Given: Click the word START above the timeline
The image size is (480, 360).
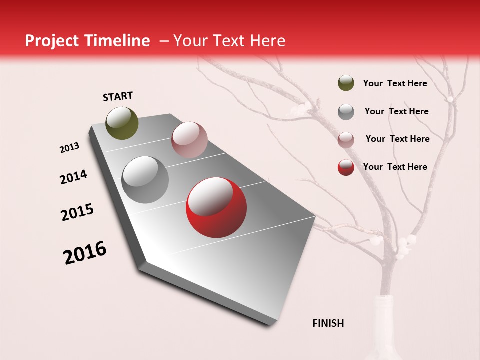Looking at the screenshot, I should (x=118, y=96).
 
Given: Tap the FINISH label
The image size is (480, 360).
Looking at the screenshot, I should (x=328, y=323).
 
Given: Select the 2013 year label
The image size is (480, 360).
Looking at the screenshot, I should (x=69, y=148).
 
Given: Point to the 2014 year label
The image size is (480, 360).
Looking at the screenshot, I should (x=73, y=177).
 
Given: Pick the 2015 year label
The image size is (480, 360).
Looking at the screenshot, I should (x=77, y=212).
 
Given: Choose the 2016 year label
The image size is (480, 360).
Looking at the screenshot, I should (x=85, y=253).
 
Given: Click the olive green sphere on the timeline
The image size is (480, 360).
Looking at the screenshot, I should (x=122, y=123).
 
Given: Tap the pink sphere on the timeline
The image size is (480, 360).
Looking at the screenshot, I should (x=189, y=140).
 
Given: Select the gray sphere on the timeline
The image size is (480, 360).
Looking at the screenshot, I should (x=145, y=179).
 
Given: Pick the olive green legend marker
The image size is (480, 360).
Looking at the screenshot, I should (x=346, y=83).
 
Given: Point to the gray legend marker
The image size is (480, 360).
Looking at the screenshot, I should (x=346, y=111).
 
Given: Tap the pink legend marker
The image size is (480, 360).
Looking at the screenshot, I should (x=346, y=139).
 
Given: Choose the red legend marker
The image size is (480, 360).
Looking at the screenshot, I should (x=346, y=167).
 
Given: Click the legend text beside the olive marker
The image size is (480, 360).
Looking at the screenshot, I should (x=395, y=83).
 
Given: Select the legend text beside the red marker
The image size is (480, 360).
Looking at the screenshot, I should (x=395, y=167).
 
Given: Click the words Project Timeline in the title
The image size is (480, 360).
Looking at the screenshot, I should (x=87, y=41).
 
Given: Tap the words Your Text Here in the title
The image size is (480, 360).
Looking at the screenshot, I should (x=229, y=41).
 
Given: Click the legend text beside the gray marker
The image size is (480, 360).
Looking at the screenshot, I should (x=396, y=111).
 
